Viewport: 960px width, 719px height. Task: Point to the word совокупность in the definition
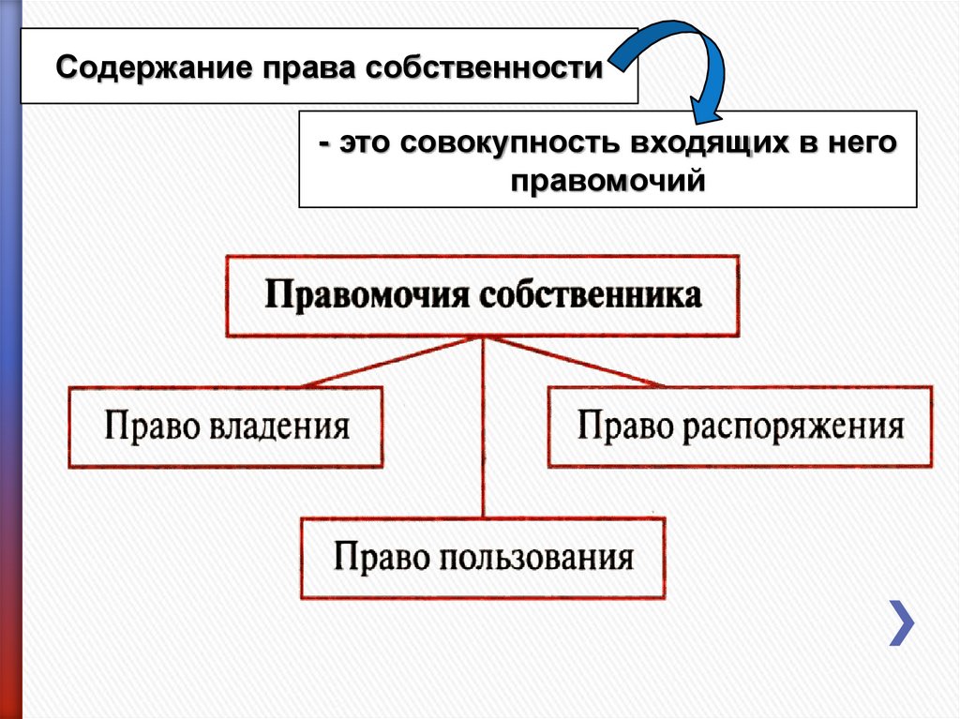pyautogui.click(x=495, y=145)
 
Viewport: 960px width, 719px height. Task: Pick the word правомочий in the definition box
pyautogui.click(x=607, y=180)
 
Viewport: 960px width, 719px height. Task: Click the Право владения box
pyautogui.click(x=226, y=427)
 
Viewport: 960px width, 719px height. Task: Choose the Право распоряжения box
pyautogui.click(x=740, y=427)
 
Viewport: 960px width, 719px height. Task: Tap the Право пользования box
pyautogui.click(x=483, y=558)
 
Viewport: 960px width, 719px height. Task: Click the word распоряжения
pyautogui.click(x=792, y=427)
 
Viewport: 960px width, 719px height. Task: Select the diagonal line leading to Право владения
pyautogui.click(x=394, y=361)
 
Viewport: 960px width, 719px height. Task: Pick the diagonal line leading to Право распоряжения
pyautogui.click(x=572, y=361)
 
